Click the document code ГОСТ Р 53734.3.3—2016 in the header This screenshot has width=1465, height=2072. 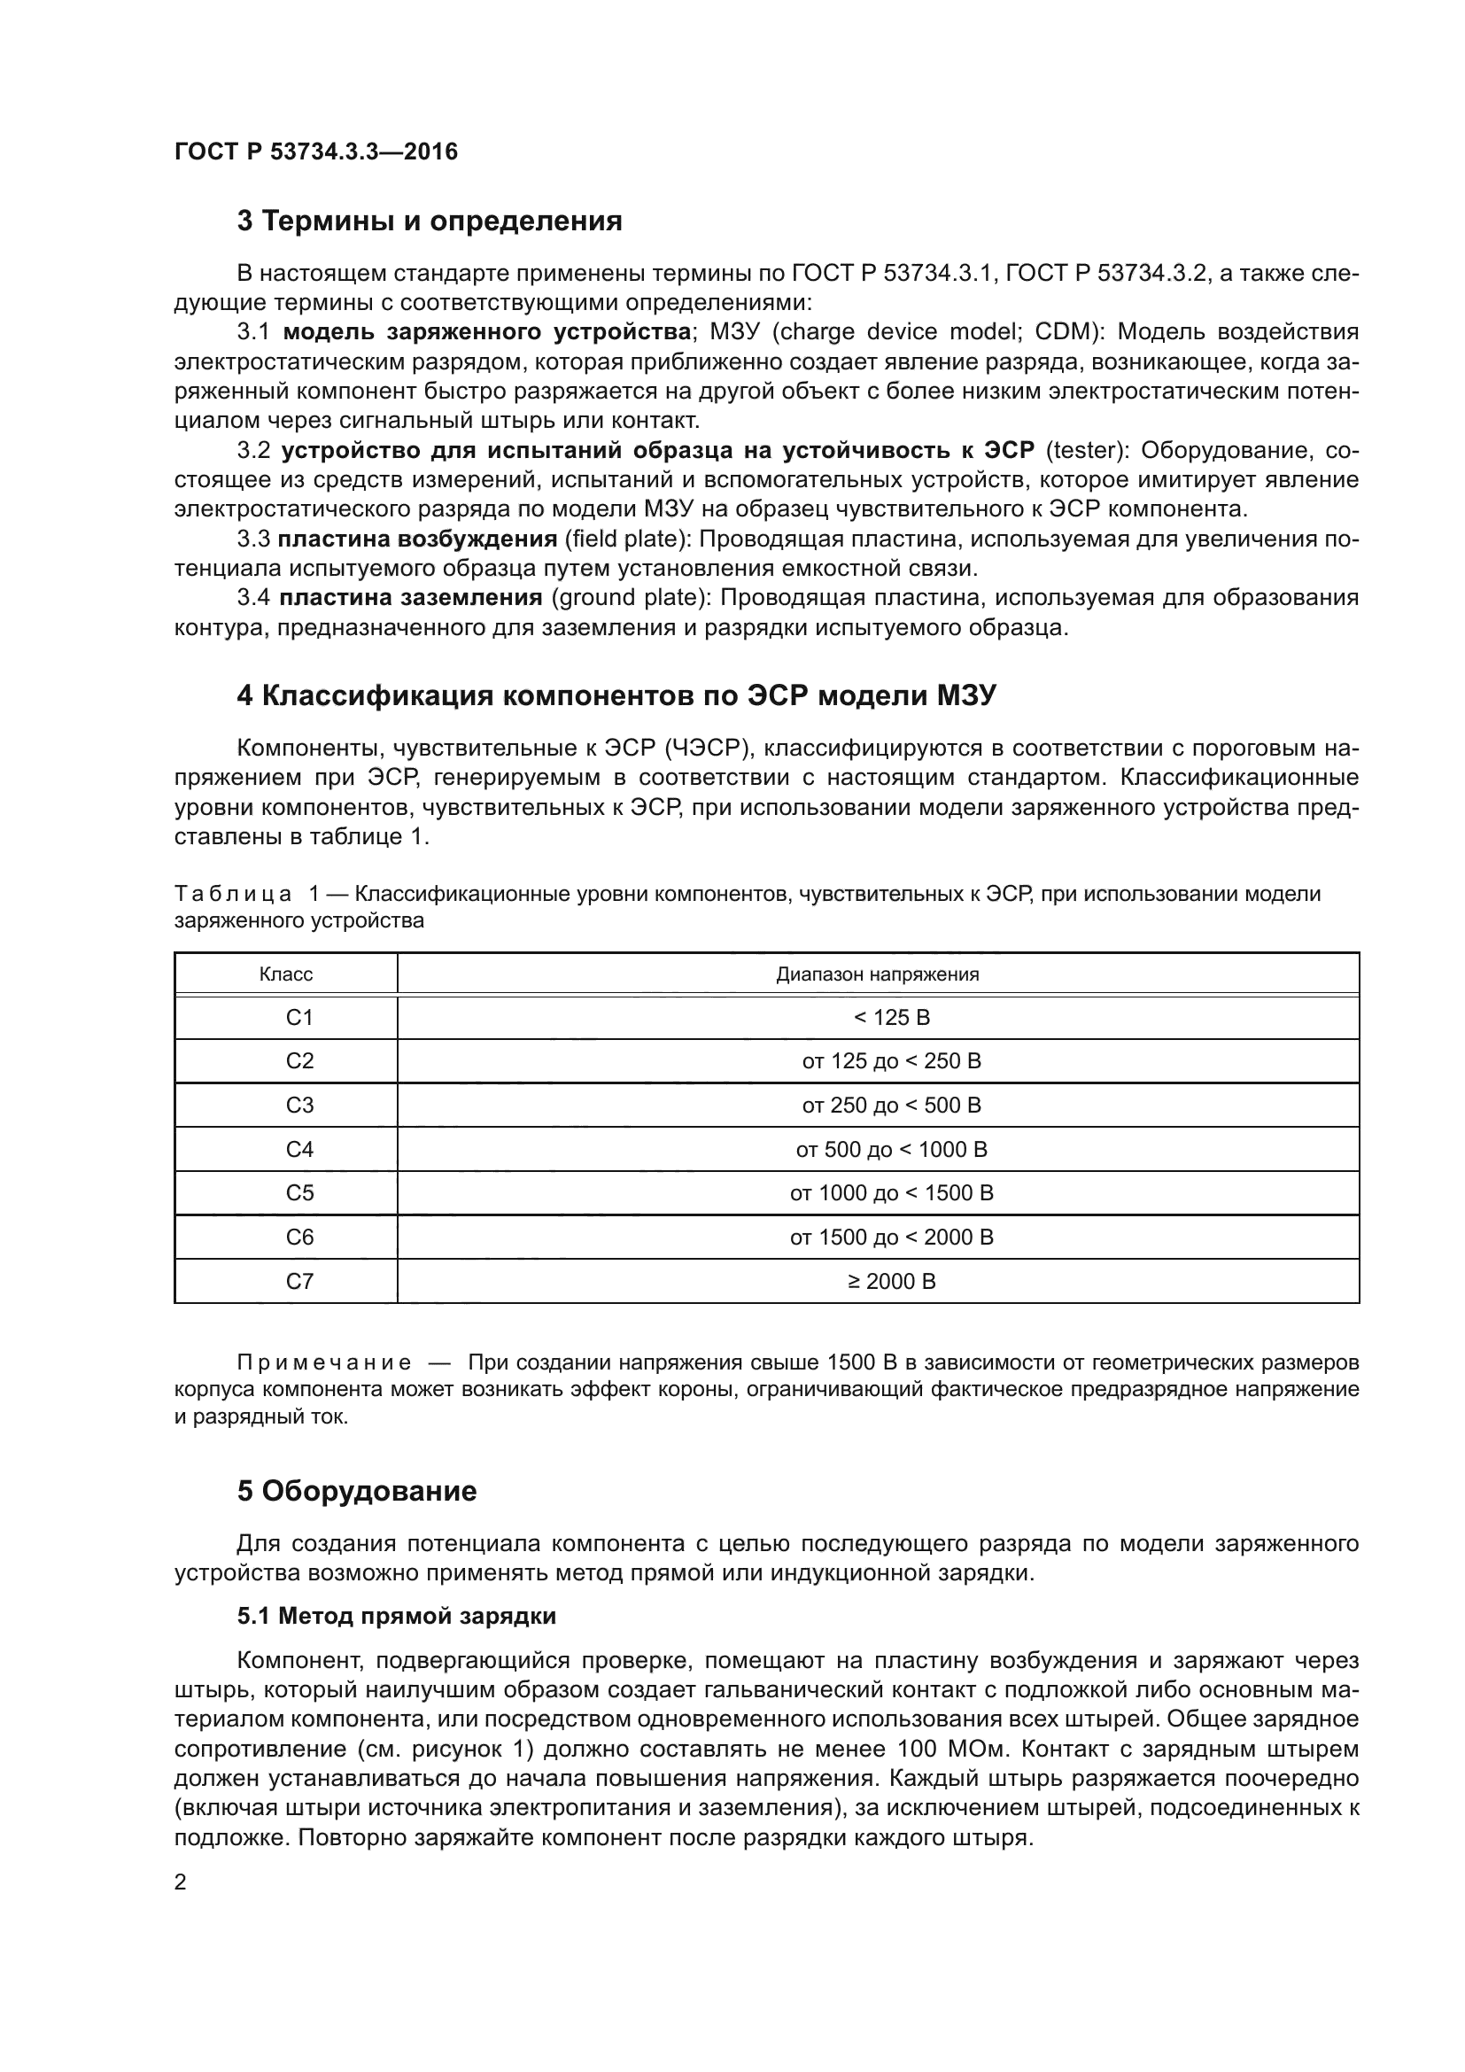(315, 151)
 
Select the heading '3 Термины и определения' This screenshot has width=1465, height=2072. (430, 221)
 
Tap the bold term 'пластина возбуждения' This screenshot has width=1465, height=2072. (417, 539)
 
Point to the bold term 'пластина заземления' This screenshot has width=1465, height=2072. (410, 597)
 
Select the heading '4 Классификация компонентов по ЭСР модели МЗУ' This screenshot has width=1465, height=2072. (616, 695)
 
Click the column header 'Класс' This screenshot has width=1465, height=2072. (286, 974)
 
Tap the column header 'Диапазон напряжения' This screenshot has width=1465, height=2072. (877, 974)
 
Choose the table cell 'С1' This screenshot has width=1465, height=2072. (298, 1017)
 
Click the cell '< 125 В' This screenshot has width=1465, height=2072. (890, 1017)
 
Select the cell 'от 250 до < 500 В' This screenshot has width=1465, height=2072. (890, 1105)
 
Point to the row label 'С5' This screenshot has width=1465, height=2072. (298, 1193)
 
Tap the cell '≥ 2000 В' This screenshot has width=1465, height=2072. (890, 1282)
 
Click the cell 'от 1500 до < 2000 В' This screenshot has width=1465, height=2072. (890, 1238)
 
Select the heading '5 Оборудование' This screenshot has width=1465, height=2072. (356, 1491)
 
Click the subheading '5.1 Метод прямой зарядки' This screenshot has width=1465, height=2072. (396, 1616)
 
